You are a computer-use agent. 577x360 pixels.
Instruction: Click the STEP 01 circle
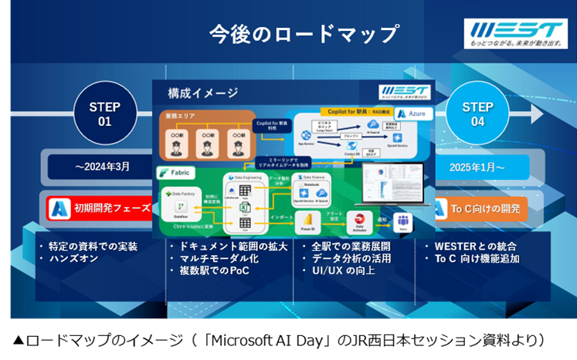coord(105,114)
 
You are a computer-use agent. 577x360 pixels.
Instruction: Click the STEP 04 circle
coord(477,114)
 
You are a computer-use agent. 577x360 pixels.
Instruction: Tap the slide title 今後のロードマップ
coord(304,34)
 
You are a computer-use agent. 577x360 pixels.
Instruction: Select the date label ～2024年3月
coord(102,166)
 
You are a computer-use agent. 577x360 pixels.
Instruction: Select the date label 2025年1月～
coord(477,166)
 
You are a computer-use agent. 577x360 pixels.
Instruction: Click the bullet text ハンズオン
coord(73,259)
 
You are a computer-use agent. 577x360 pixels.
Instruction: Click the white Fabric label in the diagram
coord(175,172)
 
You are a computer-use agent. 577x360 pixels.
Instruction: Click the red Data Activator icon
coord(358,220)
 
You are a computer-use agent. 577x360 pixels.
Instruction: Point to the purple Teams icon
coord(402,222)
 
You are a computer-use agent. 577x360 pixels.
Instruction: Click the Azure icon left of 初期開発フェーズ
coord(59,208)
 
